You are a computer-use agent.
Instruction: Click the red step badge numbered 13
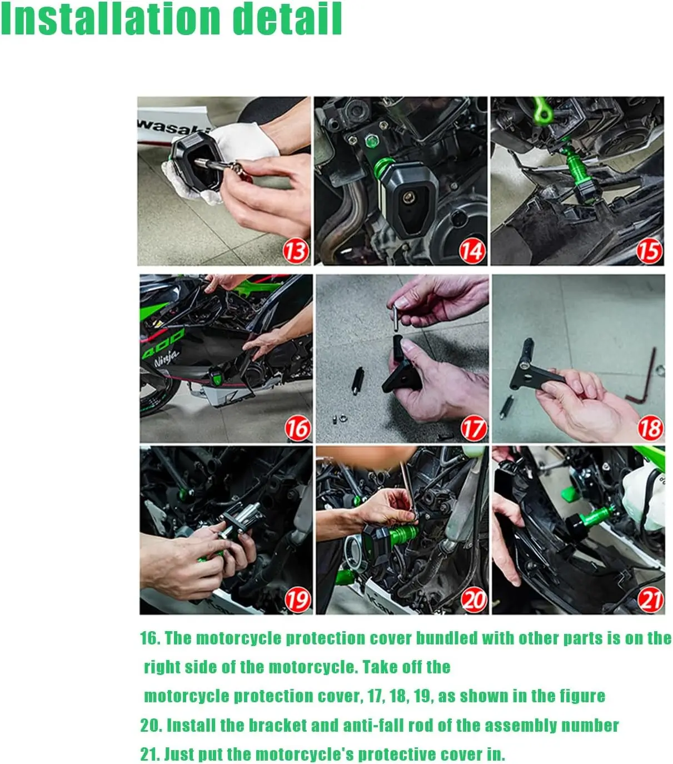tap(296, 251)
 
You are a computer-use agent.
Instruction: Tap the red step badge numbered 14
tap(472, 251)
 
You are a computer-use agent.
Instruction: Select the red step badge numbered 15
tap(649, 251)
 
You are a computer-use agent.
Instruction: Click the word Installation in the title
tap(111, 18)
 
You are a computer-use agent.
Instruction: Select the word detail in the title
tap(287, 18)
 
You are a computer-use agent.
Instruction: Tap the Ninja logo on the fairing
tap(166, 357)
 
